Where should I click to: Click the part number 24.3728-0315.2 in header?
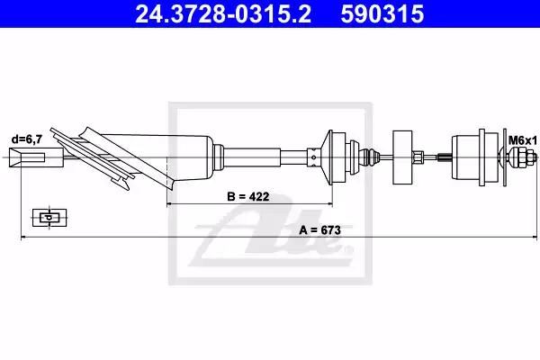point(223,13)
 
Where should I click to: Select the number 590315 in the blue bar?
point(382,13)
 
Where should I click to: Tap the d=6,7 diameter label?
point(27,139)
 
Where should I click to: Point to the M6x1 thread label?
point(523,140)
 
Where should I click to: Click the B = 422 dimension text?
point(248,196)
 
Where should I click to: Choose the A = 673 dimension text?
point(319,229)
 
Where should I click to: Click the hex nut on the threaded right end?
point(519,157)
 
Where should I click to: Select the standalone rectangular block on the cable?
point(402,157)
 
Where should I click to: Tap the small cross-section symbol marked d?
point(49,218)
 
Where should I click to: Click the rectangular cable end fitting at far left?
point(36,157)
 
